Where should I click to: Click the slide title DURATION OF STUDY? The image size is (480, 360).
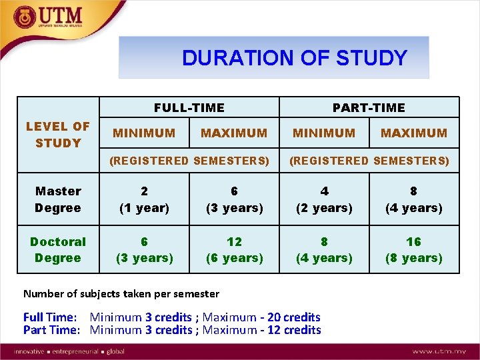pyautogui.click(x=294, y=58)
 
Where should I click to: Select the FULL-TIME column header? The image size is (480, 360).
pyautogui.click(x=189, y=107)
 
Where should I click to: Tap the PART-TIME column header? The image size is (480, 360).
pyautogui.click(x=369, y=107)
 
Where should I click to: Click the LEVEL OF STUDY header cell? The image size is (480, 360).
pyautogui.click(x=58, y=135)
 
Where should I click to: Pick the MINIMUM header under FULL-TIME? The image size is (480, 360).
pyautogui.click(x=144, y=133)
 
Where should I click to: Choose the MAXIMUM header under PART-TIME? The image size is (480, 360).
pyautogui.click(x=414, y=133)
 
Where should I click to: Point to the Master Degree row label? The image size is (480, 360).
pyautogui.click(x=58, y=199)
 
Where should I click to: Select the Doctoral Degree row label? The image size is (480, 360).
pyautogui.click(x=58, y=249)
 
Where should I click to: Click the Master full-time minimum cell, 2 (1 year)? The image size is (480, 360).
pyautogui.click(x=144, y=199)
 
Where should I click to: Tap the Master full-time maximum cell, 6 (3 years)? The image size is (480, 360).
pyautogui.click(x=234, y=199)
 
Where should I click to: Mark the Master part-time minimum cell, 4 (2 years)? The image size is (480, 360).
pyautogui.click(x=324, y=199)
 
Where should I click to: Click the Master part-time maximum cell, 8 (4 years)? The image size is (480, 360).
pyautogui.click(x=414, y=199)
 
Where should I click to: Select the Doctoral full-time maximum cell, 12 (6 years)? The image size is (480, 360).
pyautogui.click(x=234, y=249)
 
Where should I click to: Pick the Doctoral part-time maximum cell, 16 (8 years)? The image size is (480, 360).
pyautogui.click(x=414, y=249)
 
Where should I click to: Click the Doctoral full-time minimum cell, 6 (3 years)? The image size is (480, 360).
pyautogui.click(x=144, y=249)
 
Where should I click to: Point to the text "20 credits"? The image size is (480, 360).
pyautogui.click(x=294, y=317)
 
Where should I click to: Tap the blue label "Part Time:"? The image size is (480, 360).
pyautogui.click(x=51, y=330)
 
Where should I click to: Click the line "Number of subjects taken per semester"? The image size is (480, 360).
pyautogui.click(x=121, y=293)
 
